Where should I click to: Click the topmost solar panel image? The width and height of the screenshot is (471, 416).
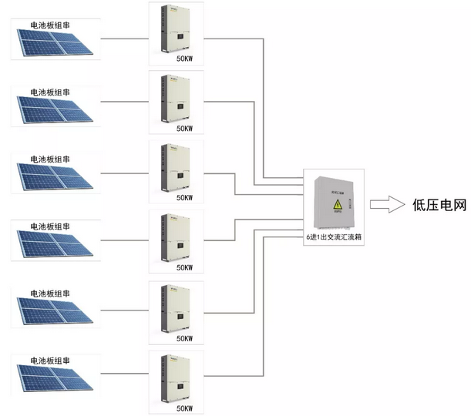click(53, 42)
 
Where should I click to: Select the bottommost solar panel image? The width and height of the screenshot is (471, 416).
click(53, 381)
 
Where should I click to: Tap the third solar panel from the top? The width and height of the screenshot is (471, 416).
click(53, 177)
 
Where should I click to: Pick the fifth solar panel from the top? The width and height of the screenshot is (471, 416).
click(53, 313)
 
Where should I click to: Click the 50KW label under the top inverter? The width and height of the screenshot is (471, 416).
click(185, 59)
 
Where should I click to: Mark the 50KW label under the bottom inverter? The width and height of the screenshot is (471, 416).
click(185, 408)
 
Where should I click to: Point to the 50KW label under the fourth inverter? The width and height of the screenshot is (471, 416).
click(185, 268)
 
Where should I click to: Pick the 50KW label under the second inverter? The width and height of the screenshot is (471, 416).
click(185, 128)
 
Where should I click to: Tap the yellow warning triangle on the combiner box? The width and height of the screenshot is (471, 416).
click(337, 206)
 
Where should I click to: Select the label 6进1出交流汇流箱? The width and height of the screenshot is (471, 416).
click(334, 239)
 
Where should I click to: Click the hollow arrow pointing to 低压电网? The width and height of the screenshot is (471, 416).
click(388, 205)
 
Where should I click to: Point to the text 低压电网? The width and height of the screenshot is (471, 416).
click(440, 205)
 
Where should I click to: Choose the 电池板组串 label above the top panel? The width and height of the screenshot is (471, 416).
click(50, 25)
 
